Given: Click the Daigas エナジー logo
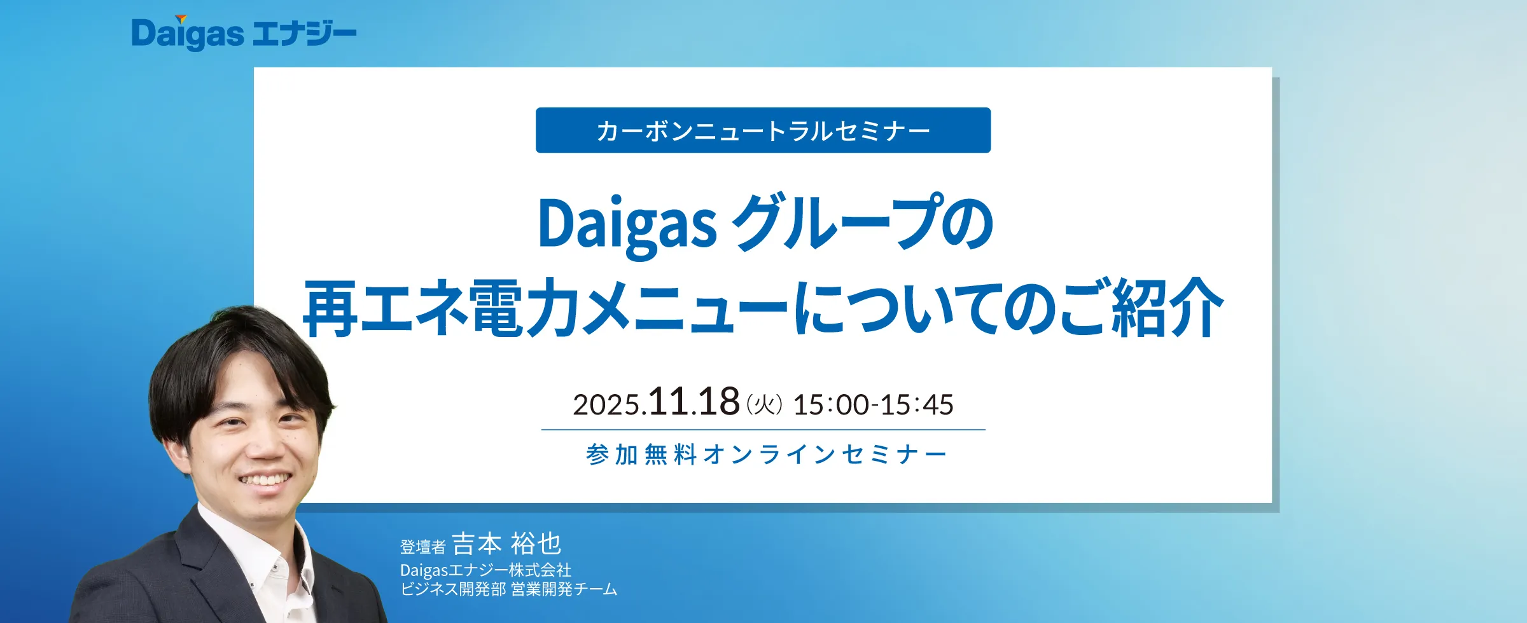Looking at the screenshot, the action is pyautogui.click(x=244, y=33).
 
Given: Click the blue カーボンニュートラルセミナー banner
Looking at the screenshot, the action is pyautogui.click(x=763, y=130).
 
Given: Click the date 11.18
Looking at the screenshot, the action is pyautogui.click(x=694, y=402).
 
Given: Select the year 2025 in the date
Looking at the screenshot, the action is pyautogui.click(x=606, y=405).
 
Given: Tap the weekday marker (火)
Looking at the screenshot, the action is pyautogui.click(x=764, y=404).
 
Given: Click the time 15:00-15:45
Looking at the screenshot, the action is pyautogui.click(x=874, y=405).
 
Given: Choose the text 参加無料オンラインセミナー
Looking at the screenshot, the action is pyautogui.click(x=766, y=455).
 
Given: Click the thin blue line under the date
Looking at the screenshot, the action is pyautogui.click(x=763, y=430).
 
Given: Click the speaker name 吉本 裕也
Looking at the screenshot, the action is pyautogui.click(x=506, y=544).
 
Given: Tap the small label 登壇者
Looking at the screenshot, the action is pyautogui.click(x=422, y=547).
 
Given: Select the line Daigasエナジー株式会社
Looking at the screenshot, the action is pyautogui.click(x=485, y=570).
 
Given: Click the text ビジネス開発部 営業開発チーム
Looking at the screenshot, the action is pyautogui.click(x=508, y=589).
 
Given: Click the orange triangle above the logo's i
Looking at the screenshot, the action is pyautogui.click(x=181, y=19).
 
